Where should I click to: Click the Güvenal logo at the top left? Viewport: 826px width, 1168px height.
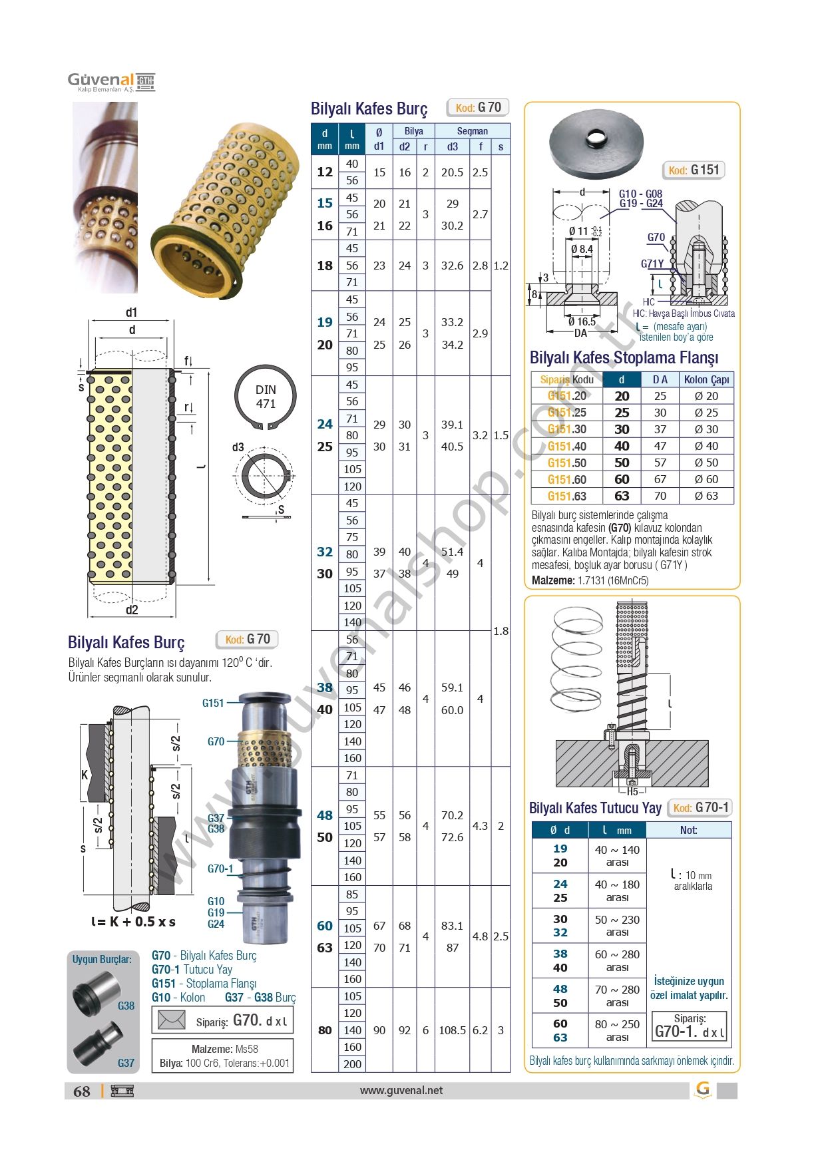[x=110, y=82]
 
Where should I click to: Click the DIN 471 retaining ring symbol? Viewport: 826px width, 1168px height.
[x=265, y=397]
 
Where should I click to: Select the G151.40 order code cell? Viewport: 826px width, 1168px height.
[x=566, y=446]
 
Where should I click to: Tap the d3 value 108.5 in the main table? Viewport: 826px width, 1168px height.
[x=452, y=1030]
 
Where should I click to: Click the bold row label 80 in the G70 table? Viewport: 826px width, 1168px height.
[x=324, y=1030]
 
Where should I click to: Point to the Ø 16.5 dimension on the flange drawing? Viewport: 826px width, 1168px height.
[x=582, y=321]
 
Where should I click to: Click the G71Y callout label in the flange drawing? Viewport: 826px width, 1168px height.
[x=652, y=264]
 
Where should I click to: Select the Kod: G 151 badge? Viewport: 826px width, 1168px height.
[x=694, y=170]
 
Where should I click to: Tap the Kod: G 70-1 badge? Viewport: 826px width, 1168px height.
[x=700, y=807]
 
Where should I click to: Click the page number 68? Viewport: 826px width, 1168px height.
[x=82, y=1091]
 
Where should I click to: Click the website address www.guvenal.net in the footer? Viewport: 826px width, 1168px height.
[x=401, y=1090]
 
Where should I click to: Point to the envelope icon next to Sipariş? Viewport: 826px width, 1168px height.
[x=171, y=1020]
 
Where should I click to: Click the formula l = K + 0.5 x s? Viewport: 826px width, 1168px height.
[x=133, y=922]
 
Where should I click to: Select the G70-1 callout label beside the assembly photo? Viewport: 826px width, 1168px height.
[x=220, y=869]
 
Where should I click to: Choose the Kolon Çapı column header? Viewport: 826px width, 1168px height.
[x=706, y=379]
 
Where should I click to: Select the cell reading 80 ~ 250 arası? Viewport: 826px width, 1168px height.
[x=617, y=1030]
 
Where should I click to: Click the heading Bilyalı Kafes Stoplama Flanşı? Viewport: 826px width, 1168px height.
[x=624, y=357]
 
